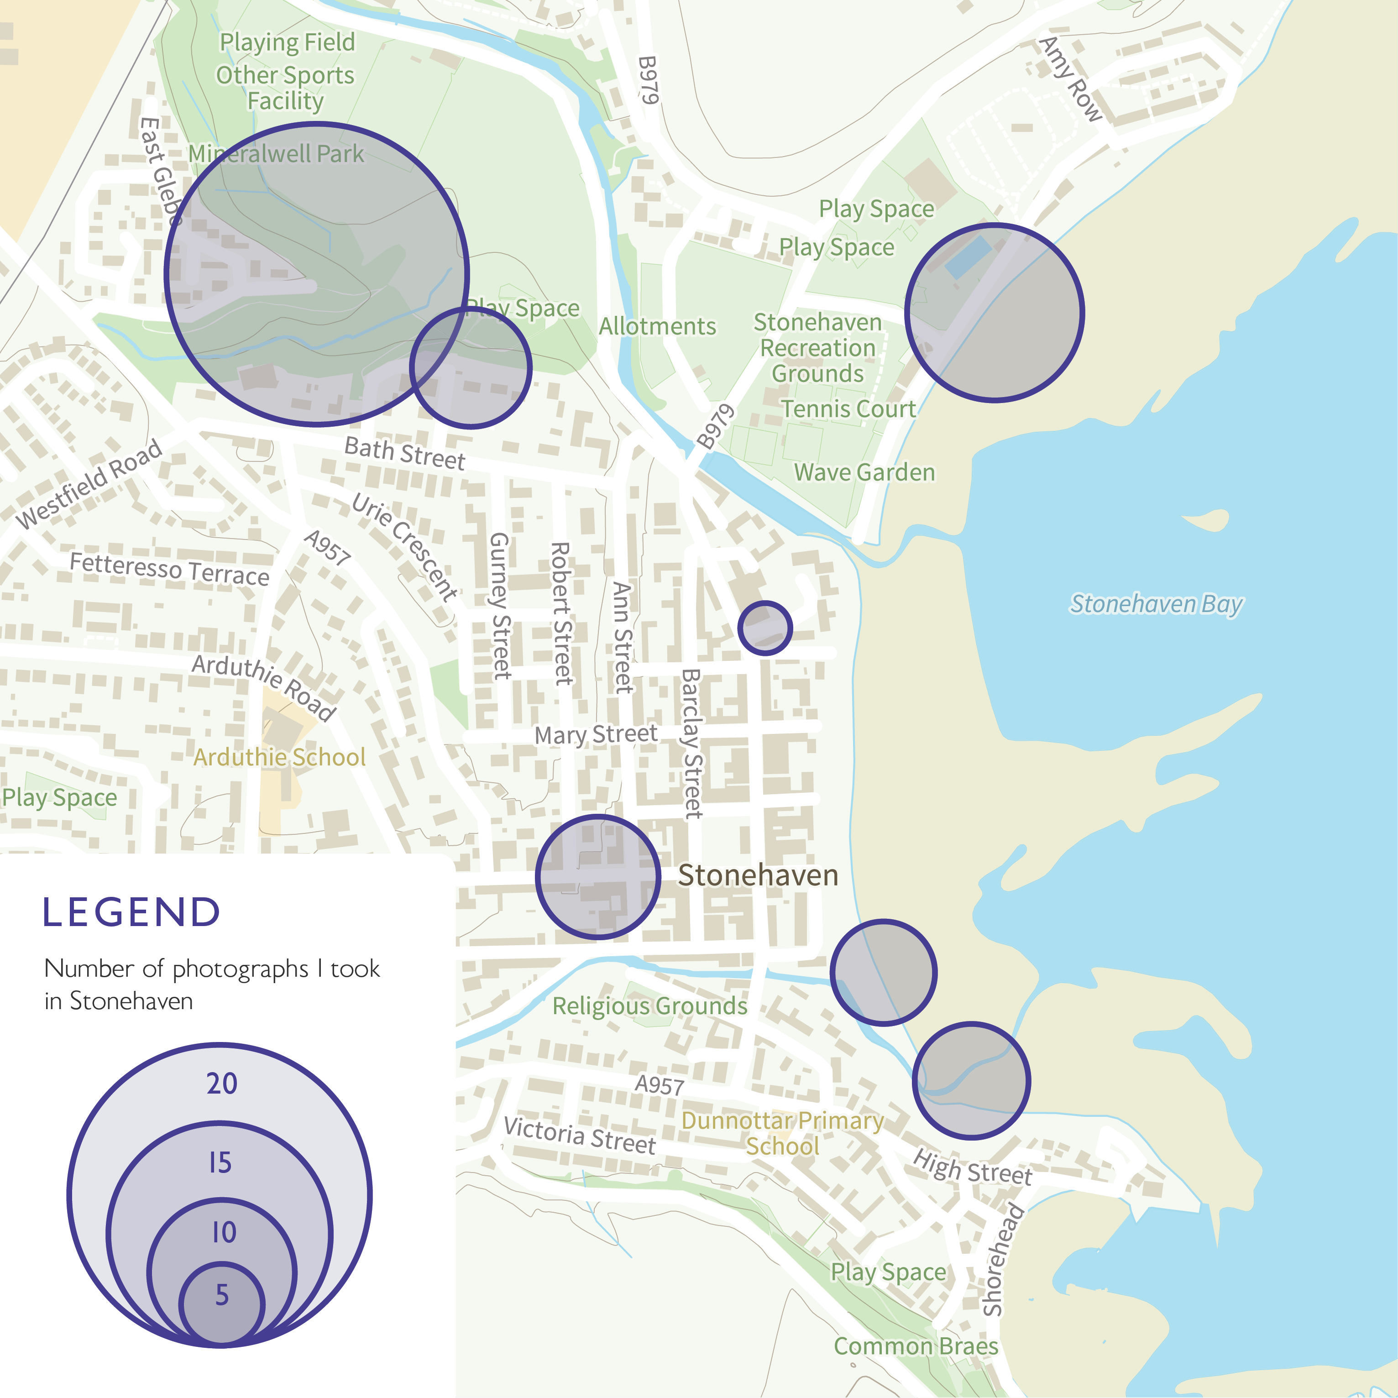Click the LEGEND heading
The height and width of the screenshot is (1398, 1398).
click(x=131, y=912)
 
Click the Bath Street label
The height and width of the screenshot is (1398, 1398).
click(x=404, y=454)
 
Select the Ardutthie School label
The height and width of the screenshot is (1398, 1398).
click(x=279, y=757)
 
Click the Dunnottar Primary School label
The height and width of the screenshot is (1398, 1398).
click(x=782, y=1133)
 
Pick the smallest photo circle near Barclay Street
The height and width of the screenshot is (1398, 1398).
click(x=765, y=628)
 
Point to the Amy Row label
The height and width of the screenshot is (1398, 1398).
click(x=1071, y=79)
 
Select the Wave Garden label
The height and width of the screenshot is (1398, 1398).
click(x=865, y=472)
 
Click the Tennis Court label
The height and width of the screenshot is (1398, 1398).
click(x=848, y=409)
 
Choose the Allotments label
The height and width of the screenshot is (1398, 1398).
click(x=657, y=326)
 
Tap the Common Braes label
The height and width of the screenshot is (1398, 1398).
click(x=916, y=1346)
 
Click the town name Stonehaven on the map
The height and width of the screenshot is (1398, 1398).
click(x=758, y=875)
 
